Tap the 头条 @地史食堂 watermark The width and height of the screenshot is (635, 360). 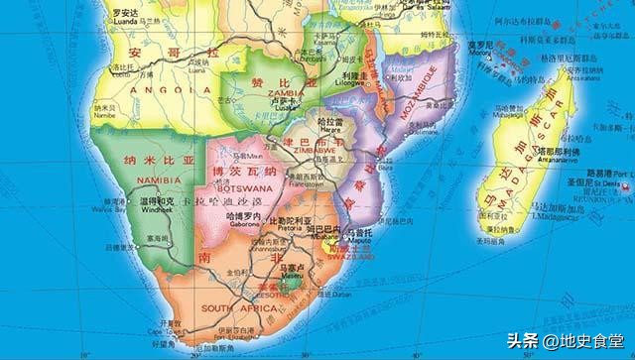coord(569,339)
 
